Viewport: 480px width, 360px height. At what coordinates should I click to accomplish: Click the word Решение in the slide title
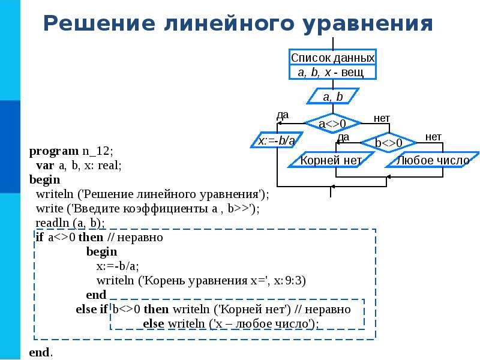99,23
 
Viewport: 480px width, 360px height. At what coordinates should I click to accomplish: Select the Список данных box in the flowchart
333,64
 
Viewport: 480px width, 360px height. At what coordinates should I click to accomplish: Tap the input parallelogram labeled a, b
333,97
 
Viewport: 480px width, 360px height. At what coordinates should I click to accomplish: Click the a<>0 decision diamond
333,124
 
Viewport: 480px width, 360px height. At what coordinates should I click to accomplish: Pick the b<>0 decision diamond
389,143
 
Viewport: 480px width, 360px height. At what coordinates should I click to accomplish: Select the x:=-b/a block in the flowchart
277,140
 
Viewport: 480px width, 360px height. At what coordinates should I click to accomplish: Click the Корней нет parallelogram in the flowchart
331,160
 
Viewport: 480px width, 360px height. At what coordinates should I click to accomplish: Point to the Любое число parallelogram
432,160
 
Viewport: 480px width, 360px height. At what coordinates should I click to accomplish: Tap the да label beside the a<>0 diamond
283,115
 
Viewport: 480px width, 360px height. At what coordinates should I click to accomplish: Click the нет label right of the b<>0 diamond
433,137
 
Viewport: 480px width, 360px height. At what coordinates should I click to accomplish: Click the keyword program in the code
54,152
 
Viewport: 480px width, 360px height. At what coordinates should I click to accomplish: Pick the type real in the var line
110,166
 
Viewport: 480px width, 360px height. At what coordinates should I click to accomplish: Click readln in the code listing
52,223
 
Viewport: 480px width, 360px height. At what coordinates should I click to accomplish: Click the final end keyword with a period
41,352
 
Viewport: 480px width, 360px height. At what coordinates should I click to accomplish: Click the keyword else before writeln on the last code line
154,323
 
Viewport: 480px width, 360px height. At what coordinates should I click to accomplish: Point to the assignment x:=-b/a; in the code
118,266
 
